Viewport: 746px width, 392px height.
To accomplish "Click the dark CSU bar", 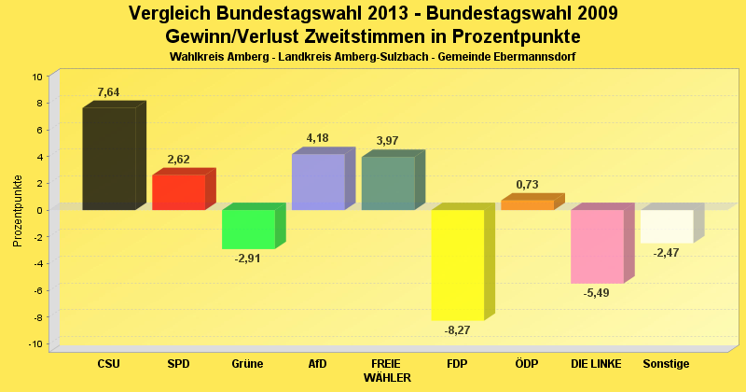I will click(109, 159).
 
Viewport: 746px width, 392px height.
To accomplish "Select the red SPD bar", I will click(178, 192).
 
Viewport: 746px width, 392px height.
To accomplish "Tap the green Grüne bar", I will click(248, 229).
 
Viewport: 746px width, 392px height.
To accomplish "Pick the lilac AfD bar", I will click(318, 182).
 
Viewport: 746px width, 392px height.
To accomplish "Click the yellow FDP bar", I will click(457, 265).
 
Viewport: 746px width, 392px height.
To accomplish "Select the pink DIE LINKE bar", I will click(597, 246).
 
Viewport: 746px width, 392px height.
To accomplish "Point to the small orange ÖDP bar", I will click(527, 205).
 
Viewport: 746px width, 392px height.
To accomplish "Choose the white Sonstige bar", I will click(667, 226).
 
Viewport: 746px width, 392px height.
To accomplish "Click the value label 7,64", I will click(109, 92).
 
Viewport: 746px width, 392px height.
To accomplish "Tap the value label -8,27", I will click(458, 329).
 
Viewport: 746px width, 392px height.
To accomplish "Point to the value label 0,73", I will click(527, 185).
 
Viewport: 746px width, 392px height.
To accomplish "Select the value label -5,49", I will click(597, 292).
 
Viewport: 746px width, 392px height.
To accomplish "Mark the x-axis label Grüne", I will click(248, 363).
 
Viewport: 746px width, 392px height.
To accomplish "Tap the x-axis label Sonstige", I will click(666, 363).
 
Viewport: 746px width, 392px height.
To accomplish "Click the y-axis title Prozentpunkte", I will click(18, 210).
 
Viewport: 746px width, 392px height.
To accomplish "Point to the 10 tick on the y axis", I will click(37, 77).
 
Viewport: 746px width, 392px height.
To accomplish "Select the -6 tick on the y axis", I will click(37, 290).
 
